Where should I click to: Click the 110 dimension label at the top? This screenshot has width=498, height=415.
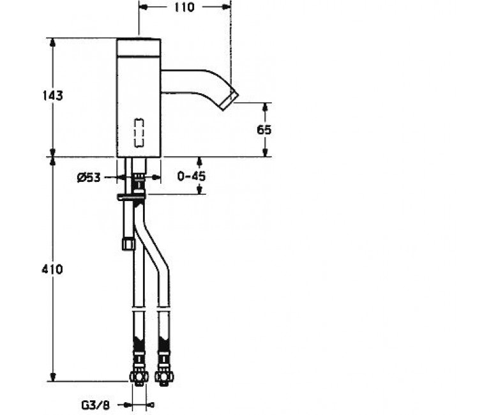click(185, 7)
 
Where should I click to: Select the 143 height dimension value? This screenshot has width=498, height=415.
click(53, 95)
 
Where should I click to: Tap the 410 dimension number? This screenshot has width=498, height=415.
click(52, 269)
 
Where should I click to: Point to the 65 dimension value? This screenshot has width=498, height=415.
click(264, 130)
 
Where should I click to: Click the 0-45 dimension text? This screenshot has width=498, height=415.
click(191, 176)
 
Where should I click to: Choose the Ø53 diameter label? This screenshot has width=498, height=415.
click(89, 177)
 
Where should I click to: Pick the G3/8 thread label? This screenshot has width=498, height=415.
click(95, 405)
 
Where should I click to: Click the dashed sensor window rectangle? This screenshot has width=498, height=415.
click(139, 133)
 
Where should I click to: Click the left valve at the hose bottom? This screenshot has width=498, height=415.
click(139, 377)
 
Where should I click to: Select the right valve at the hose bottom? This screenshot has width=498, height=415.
click(164, 377)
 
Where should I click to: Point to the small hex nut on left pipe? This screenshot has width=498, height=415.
click(128, 244)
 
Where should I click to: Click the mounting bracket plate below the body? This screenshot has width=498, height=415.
click(132, 197)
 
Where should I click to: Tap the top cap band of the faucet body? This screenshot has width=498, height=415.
click(139, 47)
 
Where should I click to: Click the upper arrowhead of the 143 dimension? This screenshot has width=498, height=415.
click(53, 43)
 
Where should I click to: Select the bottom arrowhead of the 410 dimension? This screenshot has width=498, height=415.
click(53, 377)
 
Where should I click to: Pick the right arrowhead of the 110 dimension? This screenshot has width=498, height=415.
click(226, 7)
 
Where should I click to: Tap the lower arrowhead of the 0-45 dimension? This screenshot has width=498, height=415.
click(199, 190)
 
